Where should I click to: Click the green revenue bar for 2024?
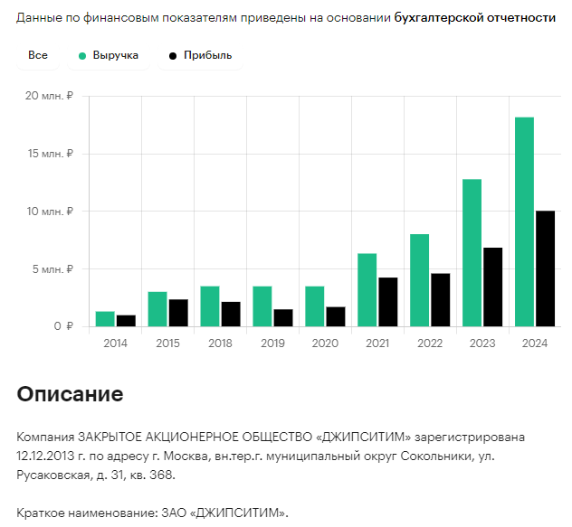[524, 221]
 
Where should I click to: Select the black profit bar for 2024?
[545, 268]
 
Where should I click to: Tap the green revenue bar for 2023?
[472, 253]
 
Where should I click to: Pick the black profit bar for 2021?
[387, 302]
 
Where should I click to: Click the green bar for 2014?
[105, 319]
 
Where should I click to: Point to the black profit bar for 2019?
[282, 318]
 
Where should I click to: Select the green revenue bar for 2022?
[419, 280]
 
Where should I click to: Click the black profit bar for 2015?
[177, 313]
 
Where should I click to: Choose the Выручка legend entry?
[108, 56]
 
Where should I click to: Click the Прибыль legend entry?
[200, 56]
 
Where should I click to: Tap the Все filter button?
[38, 56]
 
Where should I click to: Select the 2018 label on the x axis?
[220, 343]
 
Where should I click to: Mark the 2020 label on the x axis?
[325, 343]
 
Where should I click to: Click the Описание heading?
[70, 394]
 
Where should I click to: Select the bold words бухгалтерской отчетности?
[474, 18]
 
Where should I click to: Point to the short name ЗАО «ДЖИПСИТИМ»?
[228, 513]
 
